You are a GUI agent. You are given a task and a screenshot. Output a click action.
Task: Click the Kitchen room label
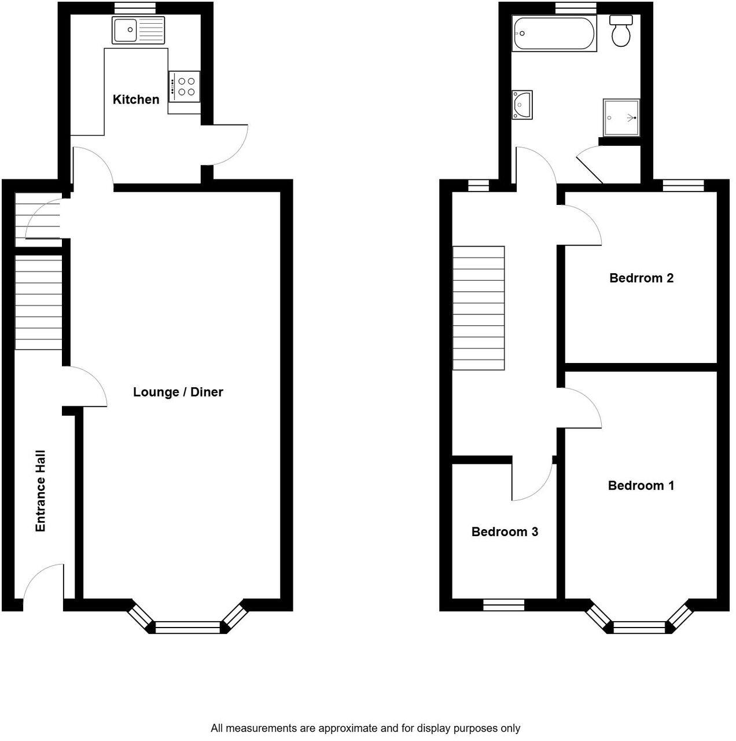point(136,100)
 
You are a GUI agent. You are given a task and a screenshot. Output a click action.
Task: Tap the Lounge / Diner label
point(178,392)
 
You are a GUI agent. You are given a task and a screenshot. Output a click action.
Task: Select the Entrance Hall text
point(41,491)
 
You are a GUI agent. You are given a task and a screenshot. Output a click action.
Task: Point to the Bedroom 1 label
point(641,485)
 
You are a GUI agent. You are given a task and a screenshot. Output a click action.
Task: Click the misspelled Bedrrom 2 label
point(641,278)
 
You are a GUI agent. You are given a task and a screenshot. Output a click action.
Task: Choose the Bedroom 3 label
point(505,531)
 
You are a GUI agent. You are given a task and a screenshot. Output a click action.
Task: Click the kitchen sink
point(138,30)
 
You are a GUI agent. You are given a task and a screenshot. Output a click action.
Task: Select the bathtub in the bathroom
point(554,34)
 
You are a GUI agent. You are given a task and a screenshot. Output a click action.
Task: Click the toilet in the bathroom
point(621,32)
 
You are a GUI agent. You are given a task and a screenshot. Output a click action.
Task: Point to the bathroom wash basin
point(522,105)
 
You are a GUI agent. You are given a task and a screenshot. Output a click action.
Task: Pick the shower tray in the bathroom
point(621,117)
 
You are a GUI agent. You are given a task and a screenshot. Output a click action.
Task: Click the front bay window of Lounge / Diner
point(188,626)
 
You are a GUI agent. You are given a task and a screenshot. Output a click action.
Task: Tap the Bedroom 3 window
point(504,605)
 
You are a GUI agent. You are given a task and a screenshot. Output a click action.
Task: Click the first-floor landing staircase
point(479,308)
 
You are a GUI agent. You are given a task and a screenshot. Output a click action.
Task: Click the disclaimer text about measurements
point(365,728)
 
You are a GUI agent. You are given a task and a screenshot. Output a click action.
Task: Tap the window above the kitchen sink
point(135,8)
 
